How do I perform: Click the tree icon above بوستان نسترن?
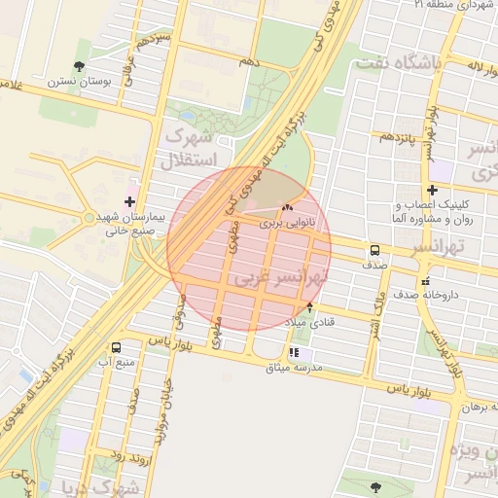[x=79, y=66]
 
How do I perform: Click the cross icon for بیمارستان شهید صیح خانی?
[x=130, y=200]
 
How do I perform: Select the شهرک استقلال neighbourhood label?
[x=196, y=147]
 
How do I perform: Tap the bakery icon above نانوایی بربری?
[x=287, y=207]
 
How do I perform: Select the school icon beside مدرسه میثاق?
[x=294, y=354]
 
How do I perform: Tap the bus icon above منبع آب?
[x=118, y=347]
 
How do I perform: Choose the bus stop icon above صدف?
[x=374, y=249]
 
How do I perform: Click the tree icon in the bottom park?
[x=375, y=485]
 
